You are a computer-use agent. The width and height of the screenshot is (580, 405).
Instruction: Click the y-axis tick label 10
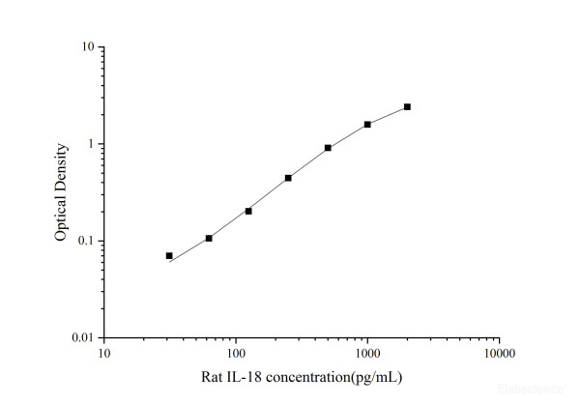87,47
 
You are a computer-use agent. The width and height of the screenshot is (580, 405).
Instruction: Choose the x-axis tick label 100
235,353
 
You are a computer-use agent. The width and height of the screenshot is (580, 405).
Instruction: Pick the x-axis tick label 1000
366,353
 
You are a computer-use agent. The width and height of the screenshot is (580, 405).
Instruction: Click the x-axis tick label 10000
499,353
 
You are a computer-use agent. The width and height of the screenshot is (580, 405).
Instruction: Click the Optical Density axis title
61,192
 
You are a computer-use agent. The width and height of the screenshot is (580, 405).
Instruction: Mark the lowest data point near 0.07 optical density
169,256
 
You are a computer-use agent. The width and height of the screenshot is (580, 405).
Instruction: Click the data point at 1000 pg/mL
367,124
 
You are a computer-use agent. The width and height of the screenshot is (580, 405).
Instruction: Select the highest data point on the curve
407,106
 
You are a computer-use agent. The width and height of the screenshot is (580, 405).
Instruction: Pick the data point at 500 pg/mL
328,148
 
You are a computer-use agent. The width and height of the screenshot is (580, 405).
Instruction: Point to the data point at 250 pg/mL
288,178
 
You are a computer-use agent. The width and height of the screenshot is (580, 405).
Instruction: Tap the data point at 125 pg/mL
248,211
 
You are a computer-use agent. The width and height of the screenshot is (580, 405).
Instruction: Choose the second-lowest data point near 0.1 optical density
209,238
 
